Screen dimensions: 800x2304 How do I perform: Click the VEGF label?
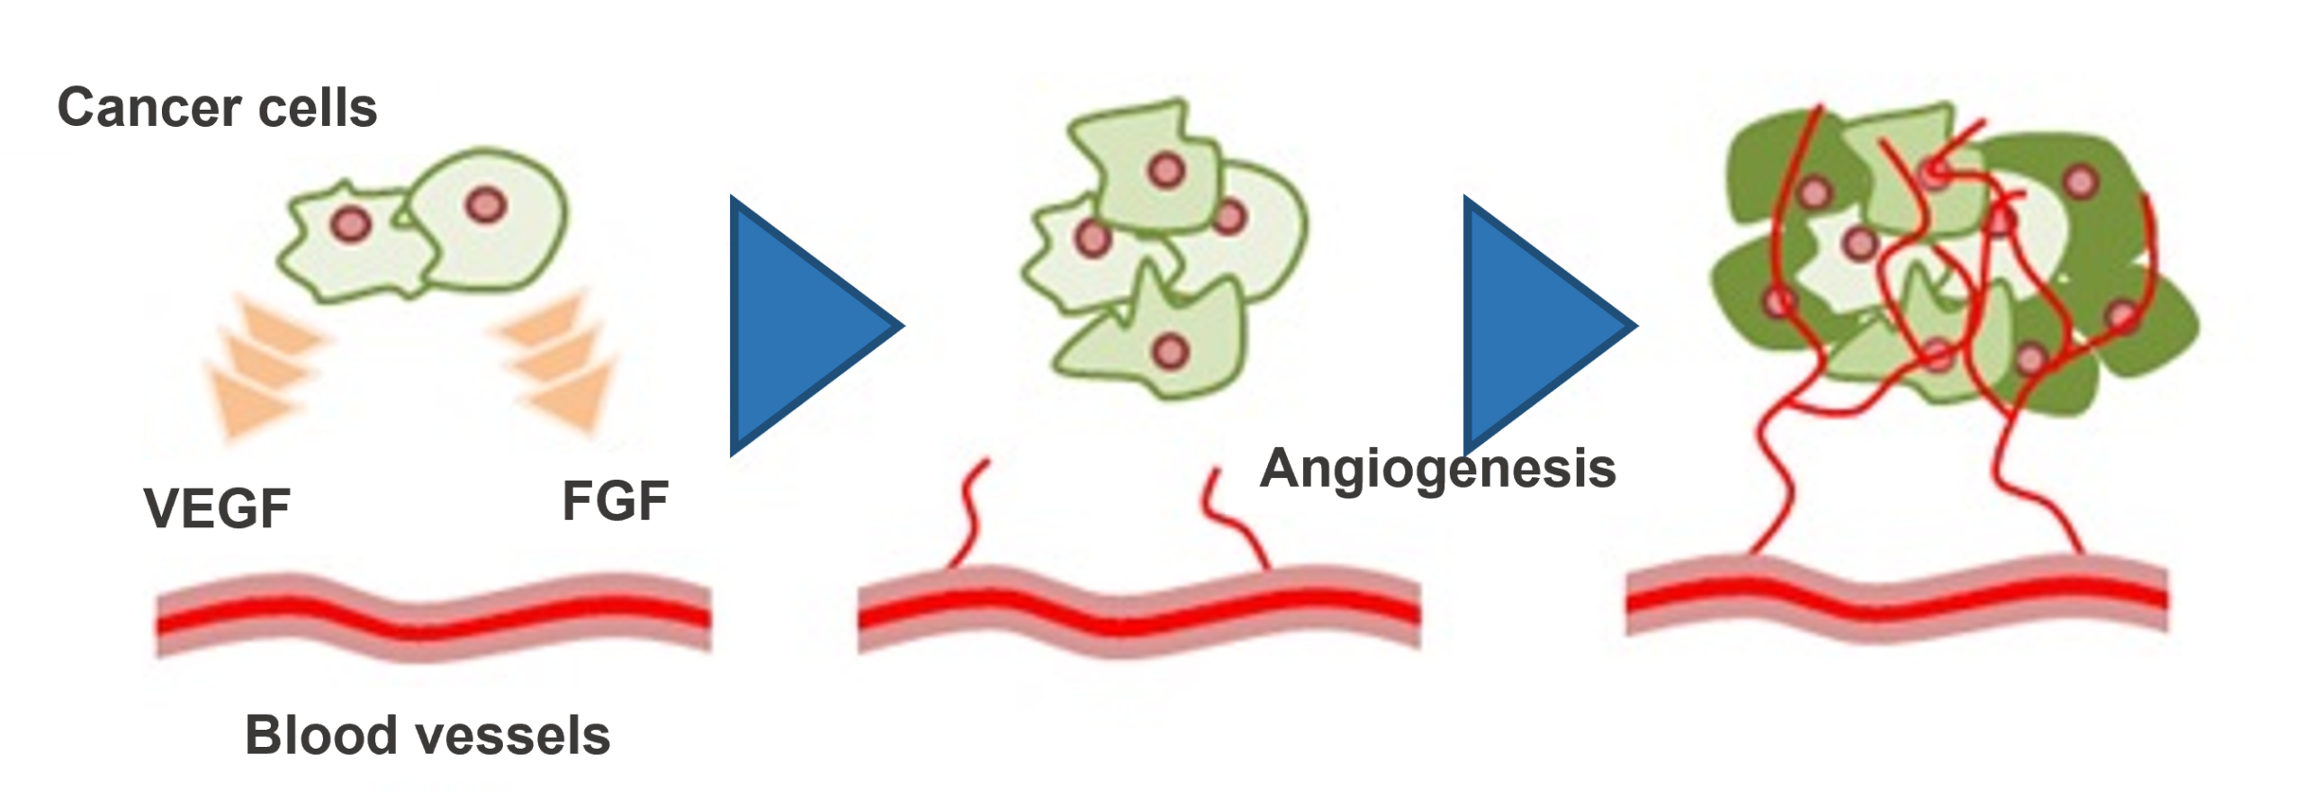pos(217,508)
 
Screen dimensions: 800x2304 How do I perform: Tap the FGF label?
pos(615,501)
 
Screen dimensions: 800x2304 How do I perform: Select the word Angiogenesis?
pos(1437,469)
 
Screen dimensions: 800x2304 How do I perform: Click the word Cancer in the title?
pos(148,108)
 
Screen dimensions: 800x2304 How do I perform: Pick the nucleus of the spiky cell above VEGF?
pos(351,223)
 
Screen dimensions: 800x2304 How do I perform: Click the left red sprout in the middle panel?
pos(970,513)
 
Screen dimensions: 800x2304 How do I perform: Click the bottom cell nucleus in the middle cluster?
pos(1170,351)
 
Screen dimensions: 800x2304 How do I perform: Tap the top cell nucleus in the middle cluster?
pos(1166,169)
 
